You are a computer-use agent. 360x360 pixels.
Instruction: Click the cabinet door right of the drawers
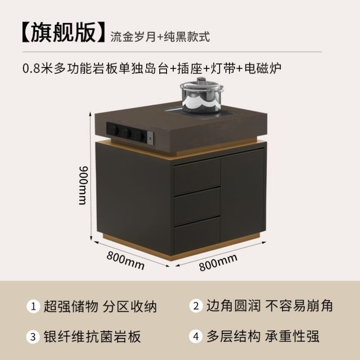pos(242,193)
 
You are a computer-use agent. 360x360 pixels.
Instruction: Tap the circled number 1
pos(33,307)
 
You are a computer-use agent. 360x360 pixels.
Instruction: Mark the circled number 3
pos(33,337)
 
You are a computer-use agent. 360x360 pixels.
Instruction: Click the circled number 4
pos(195,337)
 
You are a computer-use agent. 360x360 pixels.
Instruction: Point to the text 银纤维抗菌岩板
pos(92,337)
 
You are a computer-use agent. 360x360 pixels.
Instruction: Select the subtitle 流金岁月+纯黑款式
pos(160,36)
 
